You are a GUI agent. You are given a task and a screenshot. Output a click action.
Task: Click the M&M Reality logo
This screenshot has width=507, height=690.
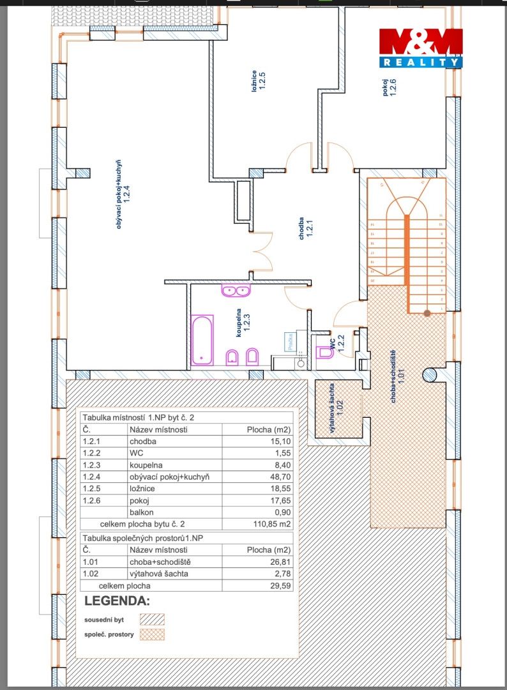pos(421,48)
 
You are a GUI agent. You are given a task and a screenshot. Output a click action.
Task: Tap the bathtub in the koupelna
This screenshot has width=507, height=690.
pos(202,340)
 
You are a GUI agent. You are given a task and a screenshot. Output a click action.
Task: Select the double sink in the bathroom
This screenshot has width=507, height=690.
pos(236,291)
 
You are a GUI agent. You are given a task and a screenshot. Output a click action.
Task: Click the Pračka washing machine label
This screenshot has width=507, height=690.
pos(291,342)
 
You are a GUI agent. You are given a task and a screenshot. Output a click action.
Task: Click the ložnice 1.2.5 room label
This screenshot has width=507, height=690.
pos(259,80)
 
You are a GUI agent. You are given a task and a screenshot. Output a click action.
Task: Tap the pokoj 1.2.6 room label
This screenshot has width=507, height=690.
pos(389,87)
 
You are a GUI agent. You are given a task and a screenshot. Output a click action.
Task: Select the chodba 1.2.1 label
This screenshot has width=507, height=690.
pos(306,228)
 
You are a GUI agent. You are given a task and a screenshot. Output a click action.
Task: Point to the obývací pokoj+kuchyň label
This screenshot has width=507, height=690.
pos(122,194)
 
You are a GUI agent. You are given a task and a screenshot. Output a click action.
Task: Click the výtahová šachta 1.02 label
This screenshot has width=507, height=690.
pos(335,408)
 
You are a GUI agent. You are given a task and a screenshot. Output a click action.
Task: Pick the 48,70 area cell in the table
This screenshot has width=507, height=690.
pos(280,477)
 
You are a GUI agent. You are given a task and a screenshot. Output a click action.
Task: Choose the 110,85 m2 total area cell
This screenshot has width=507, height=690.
pos(272,524)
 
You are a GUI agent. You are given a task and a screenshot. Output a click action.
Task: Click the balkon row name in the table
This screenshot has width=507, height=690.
pos(142,512)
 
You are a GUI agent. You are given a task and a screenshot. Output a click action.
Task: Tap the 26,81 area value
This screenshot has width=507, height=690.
pos(280,562)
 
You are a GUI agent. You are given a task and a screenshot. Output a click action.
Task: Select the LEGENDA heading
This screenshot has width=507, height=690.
pos(117,601)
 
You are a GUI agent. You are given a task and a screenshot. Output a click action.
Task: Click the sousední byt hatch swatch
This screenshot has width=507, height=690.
pos(152,620)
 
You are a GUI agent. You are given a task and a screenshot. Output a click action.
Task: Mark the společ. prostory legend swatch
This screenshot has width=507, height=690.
pos(152,634)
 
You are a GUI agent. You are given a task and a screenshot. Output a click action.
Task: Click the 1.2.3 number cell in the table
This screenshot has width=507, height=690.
pos(91,465)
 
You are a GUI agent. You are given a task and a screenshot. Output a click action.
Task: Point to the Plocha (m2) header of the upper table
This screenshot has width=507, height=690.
pos(269,429)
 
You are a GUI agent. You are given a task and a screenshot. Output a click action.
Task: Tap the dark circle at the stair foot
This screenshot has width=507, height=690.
pos(427,313)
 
